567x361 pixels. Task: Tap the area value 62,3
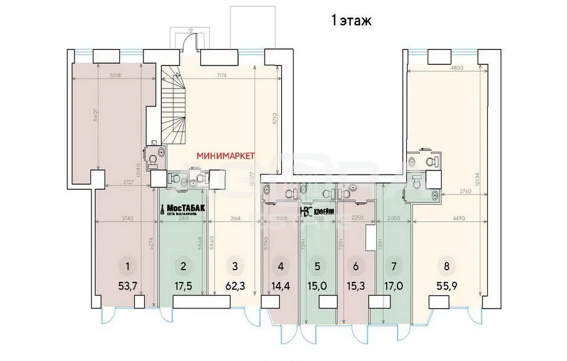[235, 287]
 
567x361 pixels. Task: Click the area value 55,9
[447, 287]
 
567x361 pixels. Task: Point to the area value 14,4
[281, 287]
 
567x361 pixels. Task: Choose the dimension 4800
[451, 68]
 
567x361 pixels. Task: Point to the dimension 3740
[126, 218]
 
